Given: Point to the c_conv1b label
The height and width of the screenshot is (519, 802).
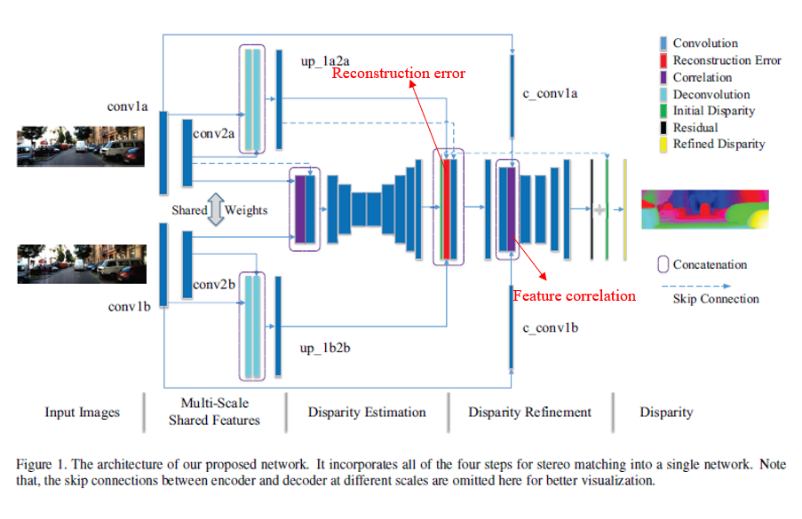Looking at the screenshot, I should click(x=551, y=327).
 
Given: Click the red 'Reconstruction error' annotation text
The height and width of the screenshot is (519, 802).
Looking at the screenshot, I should click(x=399, y=74).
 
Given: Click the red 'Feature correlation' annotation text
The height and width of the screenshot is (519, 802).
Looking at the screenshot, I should click(x=575, y=295).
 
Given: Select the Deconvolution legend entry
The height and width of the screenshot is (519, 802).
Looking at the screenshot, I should click(x=711, y=94).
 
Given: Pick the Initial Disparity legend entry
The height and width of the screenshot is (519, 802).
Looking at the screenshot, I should click(x=713, y=111).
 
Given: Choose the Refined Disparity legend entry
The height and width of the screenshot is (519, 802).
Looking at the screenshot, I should click(x=718, y=145).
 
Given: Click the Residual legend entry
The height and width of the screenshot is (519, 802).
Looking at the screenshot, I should click(x=695, y=128).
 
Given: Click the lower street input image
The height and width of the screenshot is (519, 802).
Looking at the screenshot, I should click(x=80, y=263).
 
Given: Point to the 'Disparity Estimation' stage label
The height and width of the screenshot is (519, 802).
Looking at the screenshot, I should click(x=367, y=413).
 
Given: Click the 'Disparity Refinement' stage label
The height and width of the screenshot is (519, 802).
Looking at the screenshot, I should click(x=529, y=413).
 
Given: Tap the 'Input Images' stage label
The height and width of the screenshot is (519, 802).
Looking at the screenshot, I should click(x=82, y=413).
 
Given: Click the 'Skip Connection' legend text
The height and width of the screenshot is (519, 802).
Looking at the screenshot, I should click(x=716, y=299).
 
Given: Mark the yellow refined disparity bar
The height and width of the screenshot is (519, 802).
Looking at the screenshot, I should click(x=625, y=209).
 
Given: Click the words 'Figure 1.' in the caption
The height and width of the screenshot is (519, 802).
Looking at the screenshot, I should click(x=42, y=464).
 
